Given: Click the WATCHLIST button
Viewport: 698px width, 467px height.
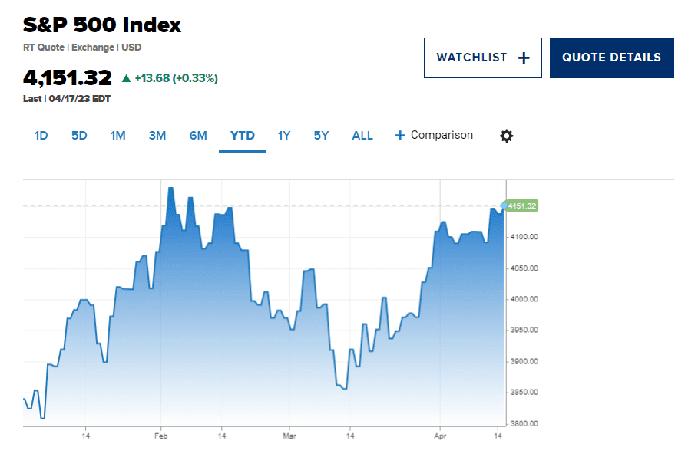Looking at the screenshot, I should pos(482,58).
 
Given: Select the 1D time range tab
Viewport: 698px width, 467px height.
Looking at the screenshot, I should pos(41,136).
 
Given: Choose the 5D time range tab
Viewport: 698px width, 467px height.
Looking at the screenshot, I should pos(79,136).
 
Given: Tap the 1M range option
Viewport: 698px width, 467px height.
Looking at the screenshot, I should pos(117,136).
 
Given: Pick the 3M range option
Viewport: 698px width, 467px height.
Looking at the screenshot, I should pos(157,136).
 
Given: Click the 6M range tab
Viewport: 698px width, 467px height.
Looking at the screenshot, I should pos(198,136).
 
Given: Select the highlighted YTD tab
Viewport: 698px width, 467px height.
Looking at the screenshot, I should pos(243,136).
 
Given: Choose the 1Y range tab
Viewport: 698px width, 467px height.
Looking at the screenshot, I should pos(284,136).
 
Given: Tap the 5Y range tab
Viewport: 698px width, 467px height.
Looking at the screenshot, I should pos(321,136).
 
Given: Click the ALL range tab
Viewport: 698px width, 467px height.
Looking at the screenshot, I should pos(362,136).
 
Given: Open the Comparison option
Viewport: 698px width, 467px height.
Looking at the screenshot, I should pos(434,136).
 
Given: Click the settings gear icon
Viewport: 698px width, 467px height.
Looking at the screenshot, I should pos(507,136).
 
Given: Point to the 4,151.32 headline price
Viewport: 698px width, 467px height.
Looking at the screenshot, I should pos(68,78).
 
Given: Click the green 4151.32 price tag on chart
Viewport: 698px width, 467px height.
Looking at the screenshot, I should pos(521,206).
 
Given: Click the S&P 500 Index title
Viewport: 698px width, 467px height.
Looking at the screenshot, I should pos(102,25).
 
